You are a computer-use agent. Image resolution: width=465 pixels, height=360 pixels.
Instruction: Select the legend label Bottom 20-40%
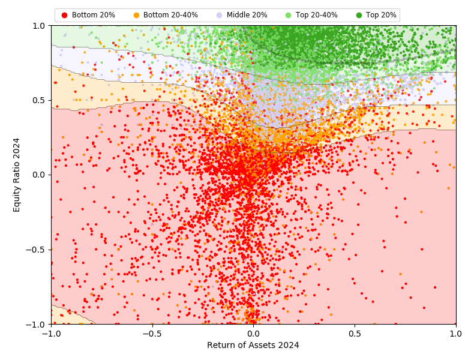coord(170,15)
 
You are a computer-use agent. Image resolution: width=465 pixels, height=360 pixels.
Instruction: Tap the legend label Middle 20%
coord(247,15)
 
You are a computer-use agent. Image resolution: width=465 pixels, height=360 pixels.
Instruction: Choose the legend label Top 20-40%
coord(318,15)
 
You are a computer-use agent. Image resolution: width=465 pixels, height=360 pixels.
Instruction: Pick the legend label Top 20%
coord(381,15)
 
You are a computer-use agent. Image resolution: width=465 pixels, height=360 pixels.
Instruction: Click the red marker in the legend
coord(65,15)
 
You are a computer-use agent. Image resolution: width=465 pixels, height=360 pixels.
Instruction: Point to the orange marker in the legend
coord(136,15)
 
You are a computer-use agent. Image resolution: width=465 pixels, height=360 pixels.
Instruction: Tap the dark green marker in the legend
coord(359,15)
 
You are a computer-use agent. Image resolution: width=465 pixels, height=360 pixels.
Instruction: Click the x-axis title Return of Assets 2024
coord(253,345)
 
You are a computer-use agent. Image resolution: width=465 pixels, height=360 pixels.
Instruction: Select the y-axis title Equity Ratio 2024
coord(17,175)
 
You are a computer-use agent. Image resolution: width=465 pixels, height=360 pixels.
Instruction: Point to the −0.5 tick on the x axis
coord(152,333)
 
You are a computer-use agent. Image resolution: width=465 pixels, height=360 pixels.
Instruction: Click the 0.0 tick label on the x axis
coord(253,333)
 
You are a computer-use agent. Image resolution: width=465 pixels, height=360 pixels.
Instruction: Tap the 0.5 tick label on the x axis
coord(355,333)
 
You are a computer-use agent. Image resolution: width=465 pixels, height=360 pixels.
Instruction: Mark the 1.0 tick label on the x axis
coord(455,333)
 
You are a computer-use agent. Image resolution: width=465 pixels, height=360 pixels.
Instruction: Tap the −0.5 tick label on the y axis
coord(37,250)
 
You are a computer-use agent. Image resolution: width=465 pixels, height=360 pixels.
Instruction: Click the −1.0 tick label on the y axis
coord(37,324)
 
